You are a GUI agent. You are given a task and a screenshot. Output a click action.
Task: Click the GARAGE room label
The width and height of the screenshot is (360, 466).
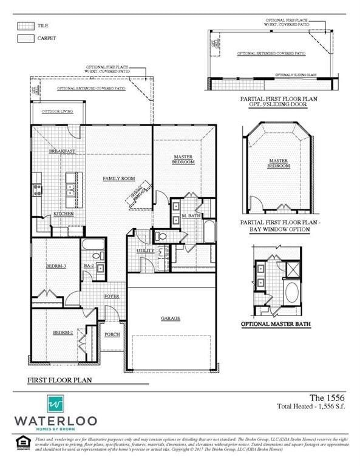170,319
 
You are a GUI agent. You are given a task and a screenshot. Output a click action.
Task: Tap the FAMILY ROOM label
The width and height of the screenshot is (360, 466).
118,178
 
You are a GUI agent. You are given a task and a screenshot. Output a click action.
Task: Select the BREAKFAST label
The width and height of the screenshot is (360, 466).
62,151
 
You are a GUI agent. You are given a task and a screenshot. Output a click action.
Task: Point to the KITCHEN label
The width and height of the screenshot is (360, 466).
64,214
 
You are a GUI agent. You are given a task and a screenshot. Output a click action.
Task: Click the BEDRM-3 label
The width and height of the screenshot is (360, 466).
56,266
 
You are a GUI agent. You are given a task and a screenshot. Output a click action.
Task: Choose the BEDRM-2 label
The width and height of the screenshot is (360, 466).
63,333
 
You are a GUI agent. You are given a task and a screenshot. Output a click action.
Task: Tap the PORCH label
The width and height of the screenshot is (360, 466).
112,334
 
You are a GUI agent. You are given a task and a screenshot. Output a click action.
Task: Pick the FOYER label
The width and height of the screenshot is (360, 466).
112,296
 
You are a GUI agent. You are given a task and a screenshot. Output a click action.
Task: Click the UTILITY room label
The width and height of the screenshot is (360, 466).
145,250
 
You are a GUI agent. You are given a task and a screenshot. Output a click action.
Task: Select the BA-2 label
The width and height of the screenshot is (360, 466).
89,266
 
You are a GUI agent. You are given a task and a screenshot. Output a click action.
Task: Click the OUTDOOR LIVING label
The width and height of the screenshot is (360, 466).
55,112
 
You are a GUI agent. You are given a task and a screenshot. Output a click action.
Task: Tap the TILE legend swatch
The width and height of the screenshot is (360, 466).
25,26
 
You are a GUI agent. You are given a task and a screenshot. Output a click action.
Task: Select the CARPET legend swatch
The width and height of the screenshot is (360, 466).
25,38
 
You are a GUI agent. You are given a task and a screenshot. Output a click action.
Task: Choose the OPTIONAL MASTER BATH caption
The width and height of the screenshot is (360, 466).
276,325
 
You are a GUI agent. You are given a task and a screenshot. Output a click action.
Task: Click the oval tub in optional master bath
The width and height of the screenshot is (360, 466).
291,294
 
